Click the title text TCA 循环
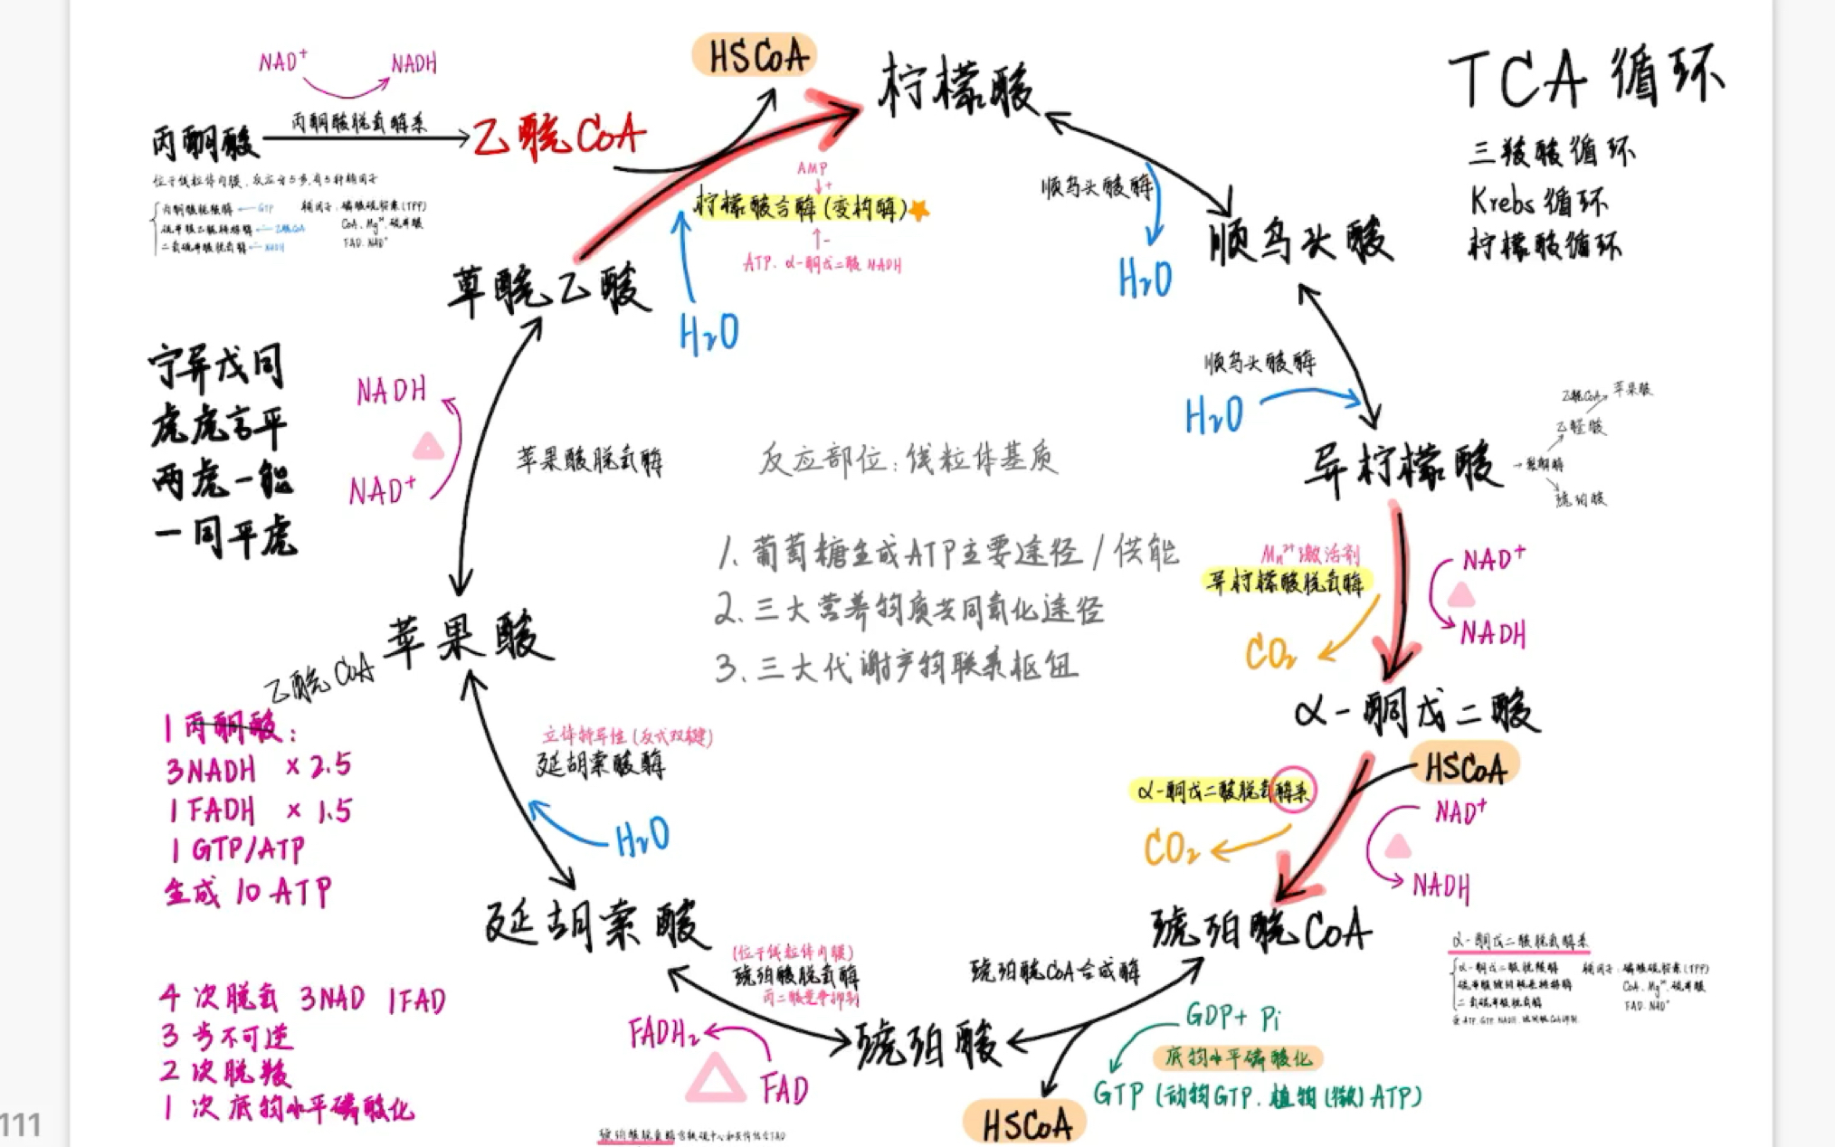(x=1585, y=78)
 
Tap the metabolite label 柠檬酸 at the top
(x=957, y=86)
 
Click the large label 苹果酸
(x=469, y=639)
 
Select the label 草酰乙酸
(x=549, y=289)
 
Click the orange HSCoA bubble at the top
(x=756, y=56)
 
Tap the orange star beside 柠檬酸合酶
(x=918, y=210)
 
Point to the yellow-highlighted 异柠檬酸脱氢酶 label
(x=1285, y=582)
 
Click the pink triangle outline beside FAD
(x=715, y=1078)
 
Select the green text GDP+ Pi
(x=1232, y=1018)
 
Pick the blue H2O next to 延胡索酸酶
(x=642, y=837)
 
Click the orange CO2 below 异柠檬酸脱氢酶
(x=1269, y=652)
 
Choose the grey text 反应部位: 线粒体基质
(x=908, y=459)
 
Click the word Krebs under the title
(x=1501, y=201)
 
